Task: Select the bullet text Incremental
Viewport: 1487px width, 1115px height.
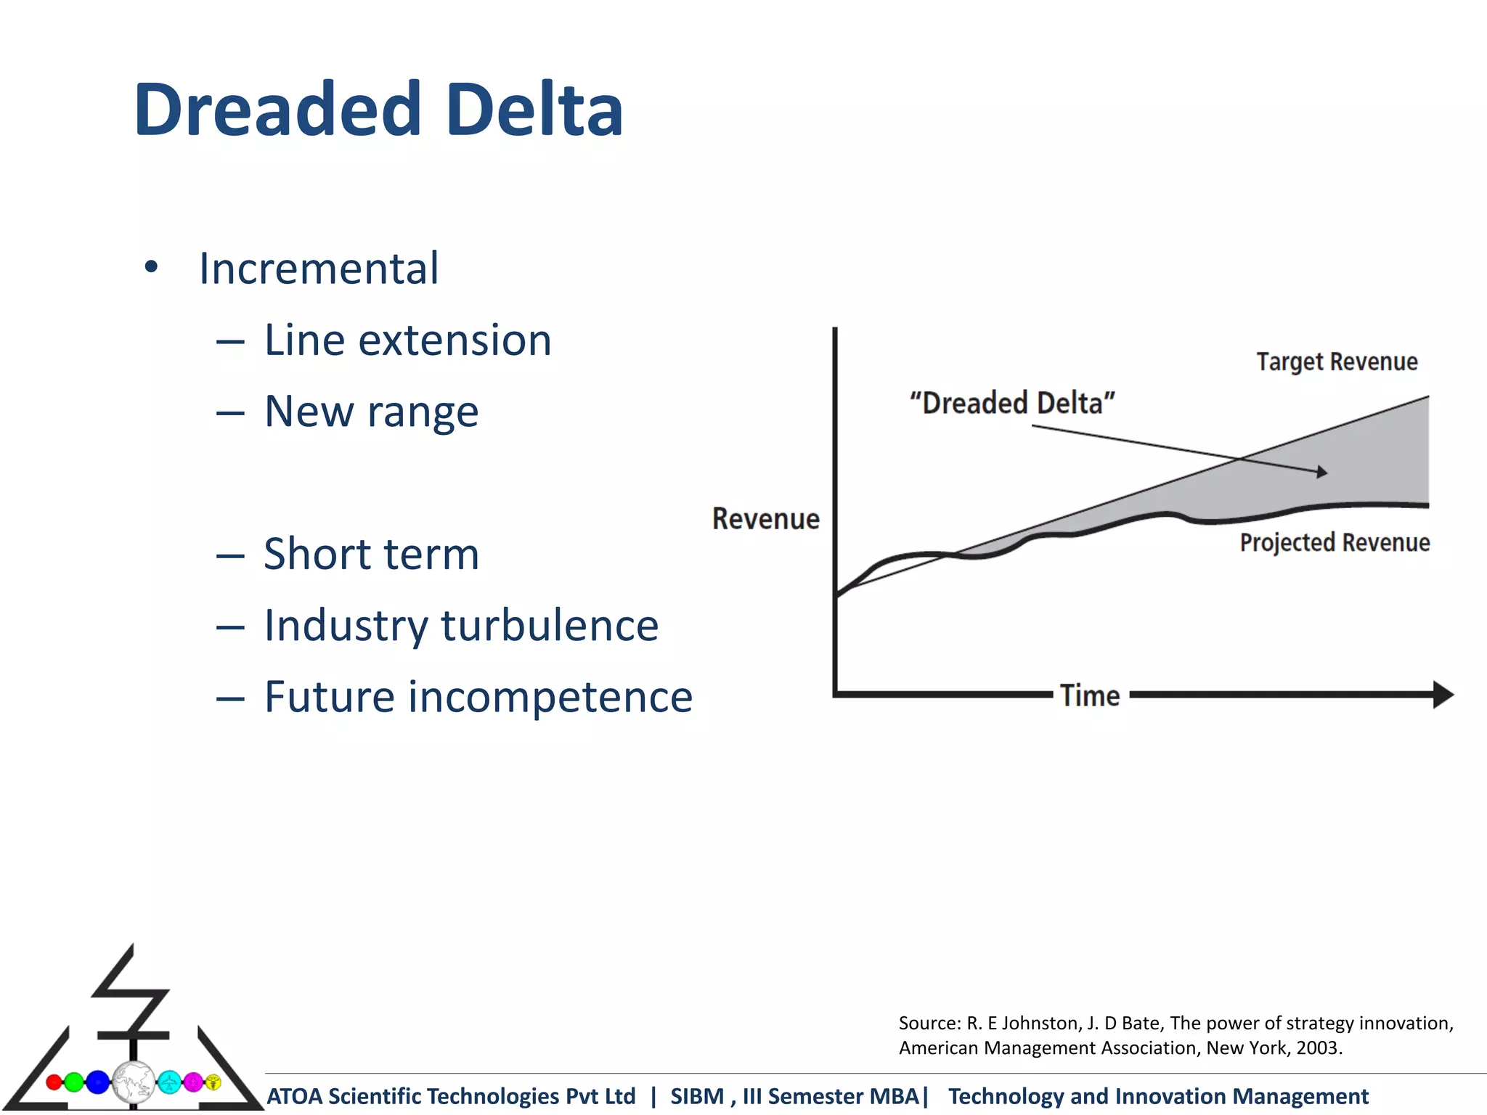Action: (x=319, y=269)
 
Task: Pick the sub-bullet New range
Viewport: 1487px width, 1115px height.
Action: (x=371, y=412)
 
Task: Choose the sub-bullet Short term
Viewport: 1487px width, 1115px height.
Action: (x=371, y=554)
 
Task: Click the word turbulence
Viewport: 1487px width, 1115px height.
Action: (x=550, y=625)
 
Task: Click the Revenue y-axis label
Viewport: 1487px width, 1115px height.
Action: (x=765, y=519)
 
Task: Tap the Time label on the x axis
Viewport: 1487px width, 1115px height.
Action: (x=1089, y=695)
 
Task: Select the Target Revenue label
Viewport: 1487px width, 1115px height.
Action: (x=1337, y=362)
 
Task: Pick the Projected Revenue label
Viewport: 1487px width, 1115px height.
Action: (x=1335, y=542)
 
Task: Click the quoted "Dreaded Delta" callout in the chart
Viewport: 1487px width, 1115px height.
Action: (x=1012, y=403)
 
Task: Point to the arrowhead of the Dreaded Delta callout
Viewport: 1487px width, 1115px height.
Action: (x=1322, y=472)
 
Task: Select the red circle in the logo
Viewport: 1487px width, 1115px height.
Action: (x=54, y=1082)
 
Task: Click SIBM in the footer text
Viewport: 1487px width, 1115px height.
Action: (x=696, y=1096)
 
